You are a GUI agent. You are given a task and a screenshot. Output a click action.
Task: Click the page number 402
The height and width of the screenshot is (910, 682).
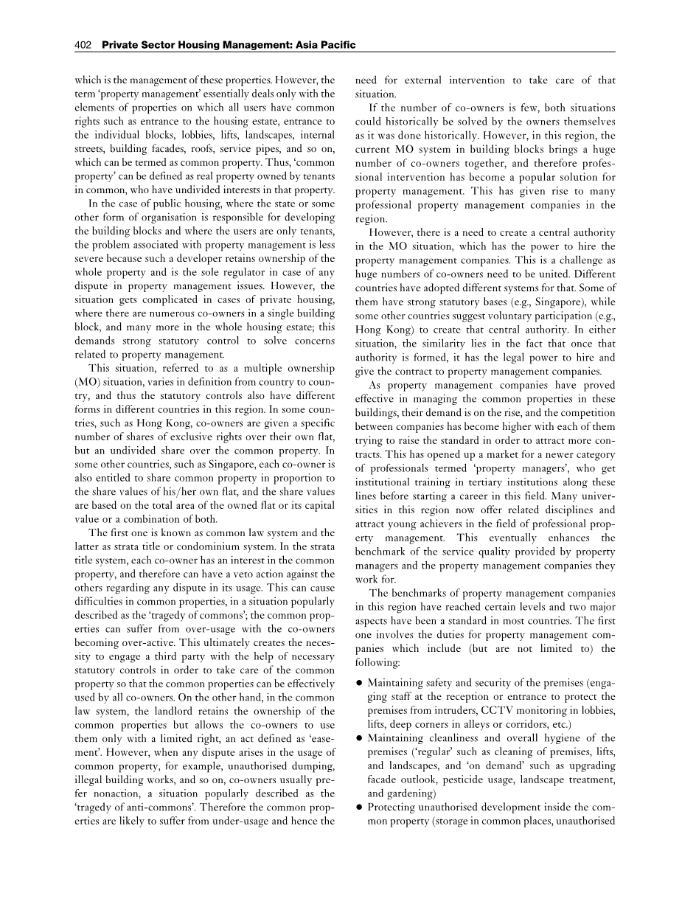(83, 46)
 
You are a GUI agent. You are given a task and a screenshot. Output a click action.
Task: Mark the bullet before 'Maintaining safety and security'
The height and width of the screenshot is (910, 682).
(358, 683)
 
